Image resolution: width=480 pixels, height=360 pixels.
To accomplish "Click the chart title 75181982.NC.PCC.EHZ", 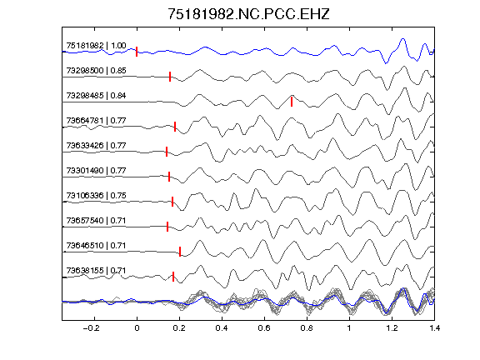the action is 248,14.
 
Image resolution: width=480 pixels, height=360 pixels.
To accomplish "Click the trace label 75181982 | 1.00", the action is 96,46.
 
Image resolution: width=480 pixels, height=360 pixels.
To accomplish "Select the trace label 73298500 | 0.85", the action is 96,71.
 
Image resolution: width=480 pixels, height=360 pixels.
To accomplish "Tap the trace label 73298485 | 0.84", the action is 96,96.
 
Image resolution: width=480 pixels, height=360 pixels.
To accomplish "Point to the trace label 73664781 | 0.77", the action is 96,121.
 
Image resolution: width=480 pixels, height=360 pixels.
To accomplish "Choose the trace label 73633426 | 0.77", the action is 96,145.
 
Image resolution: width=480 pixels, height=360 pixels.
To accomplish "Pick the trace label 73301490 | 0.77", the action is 96,171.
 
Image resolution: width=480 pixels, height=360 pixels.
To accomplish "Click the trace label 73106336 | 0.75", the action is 96,196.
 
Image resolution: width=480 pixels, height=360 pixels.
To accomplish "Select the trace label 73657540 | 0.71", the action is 96,221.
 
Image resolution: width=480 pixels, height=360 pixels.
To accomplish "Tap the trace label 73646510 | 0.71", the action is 96,246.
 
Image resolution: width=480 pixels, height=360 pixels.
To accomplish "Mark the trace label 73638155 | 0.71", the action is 96,271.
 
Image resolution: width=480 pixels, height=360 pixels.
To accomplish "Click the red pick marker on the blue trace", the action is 137,52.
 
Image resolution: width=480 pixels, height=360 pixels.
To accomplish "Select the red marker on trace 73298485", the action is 292,102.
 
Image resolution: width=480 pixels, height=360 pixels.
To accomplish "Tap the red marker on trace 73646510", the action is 180,252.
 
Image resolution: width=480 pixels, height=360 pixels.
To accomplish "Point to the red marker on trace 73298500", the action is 170,77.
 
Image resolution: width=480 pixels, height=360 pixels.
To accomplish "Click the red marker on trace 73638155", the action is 173,277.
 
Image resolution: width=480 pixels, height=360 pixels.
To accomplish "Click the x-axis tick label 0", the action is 137,328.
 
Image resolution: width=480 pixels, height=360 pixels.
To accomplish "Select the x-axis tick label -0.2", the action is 91,328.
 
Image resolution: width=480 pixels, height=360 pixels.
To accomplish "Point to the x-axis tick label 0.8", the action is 307,328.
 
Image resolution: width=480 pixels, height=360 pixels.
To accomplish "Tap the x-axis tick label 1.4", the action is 434,328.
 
